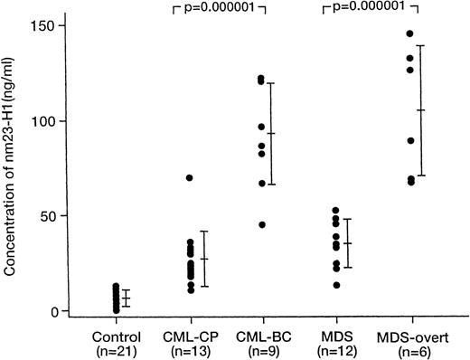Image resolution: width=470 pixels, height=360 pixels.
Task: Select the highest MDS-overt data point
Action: pos(409,33)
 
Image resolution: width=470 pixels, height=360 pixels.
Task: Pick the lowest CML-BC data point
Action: pos(262,224)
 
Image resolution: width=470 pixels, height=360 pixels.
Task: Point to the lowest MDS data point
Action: pos(336,285)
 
